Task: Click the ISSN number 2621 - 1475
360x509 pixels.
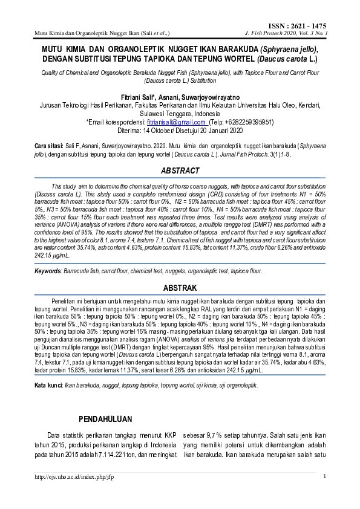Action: coord(309,26)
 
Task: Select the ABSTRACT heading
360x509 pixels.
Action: coord(180,171)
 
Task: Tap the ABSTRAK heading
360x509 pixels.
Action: coord(180,288)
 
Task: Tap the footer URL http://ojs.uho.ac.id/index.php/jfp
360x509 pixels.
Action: coord(74,477)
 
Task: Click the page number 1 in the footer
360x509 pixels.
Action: coord(325,477)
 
